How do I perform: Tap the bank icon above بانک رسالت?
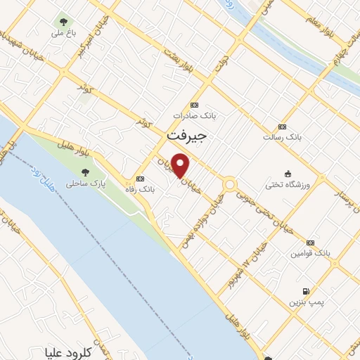click(283, 127)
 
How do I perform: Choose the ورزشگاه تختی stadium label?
click(288, 185)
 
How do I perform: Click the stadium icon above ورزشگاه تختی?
click(287, 174)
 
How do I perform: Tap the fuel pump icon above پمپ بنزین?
click(305, 291)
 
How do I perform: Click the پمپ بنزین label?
click(305, 302)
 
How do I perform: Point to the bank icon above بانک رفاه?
click(140, 179)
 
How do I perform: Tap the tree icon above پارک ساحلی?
click(86, 172)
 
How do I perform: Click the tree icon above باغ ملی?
click(65, 20)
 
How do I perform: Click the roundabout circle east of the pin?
click(230, 186)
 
